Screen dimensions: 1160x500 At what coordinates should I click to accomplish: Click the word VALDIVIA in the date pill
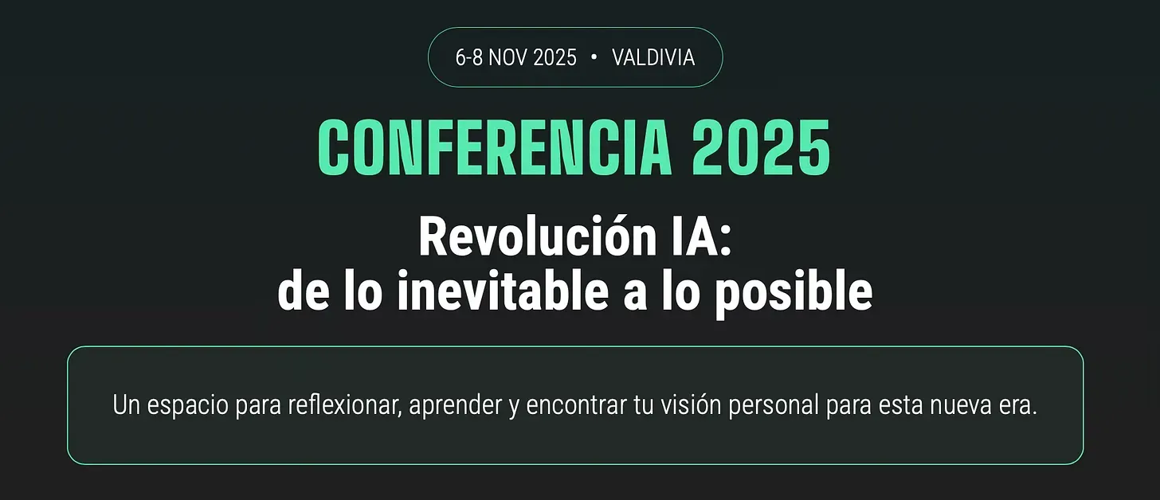pos(653,57)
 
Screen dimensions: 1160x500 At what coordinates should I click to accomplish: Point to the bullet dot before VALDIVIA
pos(594,57)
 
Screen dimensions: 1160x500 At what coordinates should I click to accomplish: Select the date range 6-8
pos(468,57)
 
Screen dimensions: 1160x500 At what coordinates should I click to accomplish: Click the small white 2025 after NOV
pos(555,57)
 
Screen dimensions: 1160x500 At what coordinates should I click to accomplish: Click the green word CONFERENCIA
pos(495,147)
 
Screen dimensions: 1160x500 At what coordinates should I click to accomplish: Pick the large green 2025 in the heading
pos(761,147)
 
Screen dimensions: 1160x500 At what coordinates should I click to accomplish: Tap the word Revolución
pos(538,236)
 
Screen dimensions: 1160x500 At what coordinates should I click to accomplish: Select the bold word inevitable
pos(502,291)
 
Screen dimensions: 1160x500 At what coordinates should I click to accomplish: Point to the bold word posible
pos(794,292)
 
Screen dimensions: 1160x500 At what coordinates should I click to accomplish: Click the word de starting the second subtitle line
pos(304,291)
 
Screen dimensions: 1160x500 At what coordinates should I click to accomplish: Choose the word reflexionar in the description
pos(345,404)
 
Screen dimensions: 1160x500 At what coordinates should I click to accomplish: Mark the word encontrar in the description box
pos(576,404)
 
